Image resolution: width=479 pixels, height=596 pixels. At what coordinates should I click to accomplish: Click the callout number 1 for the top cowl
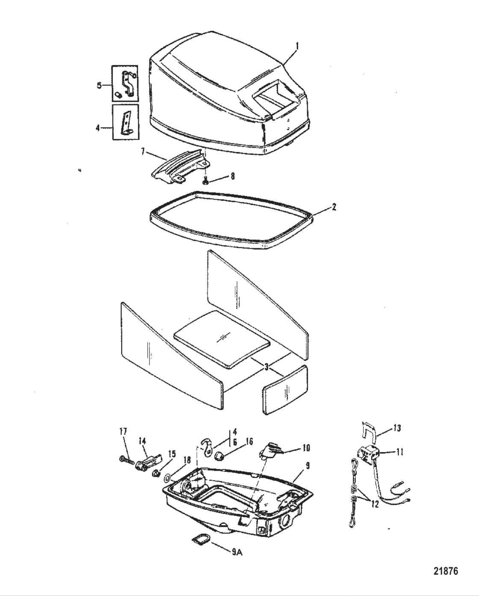click(x=298, y=44)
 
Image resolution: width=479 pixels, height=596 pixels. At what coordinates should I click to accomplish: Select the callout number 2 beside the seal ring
click(x=334, y=207)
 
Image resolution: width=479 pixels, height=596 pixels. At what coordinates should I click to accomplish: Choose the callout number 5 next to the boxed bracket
click(x=99, y=86)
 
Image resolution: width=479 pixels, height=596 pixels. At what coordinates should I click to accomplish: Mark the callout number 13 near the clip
click(x=397, y=428)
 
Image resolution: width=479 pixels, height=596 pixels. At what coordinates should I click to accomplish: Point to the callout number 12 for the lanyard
click(x=375, y=504)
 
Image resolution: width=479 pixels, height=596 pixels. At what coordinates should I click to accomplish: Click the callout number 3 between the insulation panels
click(x=266, y=367)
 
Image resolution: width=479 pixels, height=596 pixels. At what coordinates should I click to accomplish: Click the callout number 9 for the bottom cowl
click(x=308, y=466)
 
